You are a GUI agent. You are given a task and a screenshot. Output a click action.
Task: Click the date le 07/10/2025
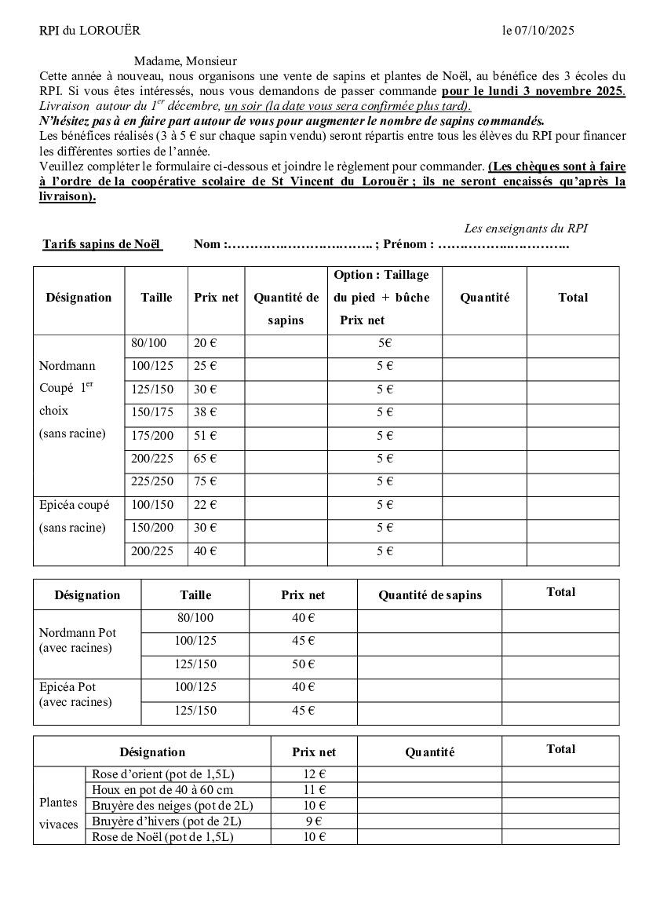pyautogui.click(x=538, y=31)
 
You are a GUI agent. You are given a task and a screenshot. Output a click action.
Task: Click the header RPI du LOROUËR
pyautogui.click(x=89, y=31)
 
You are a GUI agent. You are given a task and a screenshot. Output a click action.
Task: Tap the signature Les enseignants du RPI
pyautogui.click(x=526, y=229)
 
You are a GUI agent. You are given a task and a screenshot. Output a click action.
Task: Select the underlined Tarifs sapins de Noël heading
pyautogui.click(x=102, y=244)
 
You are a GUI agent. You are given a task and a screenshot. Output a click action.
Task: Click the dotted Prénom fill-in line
pyautogui.click(x=503, y=244)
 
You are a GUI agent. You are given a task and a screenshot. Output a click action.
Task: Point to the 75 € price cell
pyautogui.click(x=206, y=481)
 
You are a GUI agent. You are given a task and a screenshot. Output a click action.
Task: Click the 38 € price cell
pyautogui.click(x=206, y=411)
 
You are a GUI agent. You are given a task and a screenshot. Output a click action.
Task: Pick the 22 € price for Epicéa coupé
pyautogui.click(x=206, y=504)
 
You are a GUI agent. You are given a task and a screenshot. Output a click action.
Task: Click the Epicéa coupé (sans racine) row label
pyautogui.click(x=75, y=516)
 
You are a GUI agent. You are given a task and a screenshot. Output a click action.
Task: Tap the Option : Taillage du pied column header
pyautogui.click(x=382, y=297)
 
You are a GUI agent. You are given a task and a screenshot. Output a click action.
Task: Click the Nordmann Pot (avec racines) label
pyautogui.click(x=77, y=640)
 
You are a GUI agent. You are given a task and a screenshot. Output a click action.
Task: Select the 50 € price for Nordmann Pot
pyautogui.click(x=303, y=664)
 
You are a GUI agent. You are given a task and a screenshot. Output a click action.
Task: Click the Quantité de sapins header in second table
pyautogui.click(x=429, y=595)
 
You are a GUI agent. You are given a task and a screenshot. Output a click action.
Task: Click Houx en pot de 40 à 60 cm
pyautogui.click(x=162, y=789)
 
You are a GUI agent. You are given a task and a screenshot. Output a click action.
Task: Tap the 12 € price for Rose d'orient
pyautogui.click(x=314, y=774)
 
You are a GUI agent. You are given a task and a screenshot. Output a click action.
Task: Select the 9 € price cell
pyautogui.click(x=314, y=821)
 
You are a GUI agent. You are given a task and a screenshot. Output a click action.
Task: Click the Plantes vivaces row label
pyautogui.click(x=59, y=814)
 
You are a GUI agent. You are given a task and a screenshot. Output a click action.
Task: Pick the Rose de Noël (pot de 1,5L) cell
pyautogui.click(x=162, y=837)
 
